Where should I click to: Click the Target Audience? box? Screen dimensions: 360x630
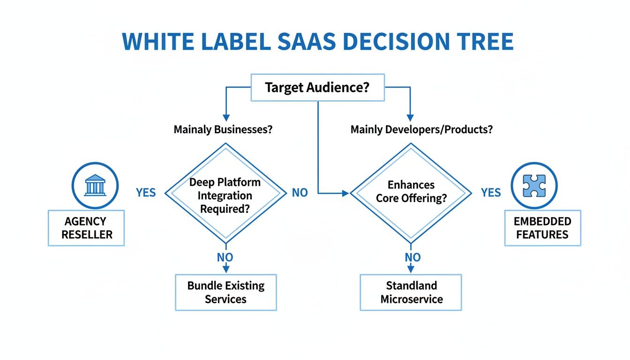(318, 88)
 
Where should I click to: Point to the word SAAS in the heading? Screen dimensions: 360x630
(303, 42)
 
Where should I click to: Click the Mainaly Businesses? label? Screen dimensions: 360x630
(223, 129)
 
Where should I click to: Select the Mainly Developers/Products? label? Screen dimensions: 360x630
(421, 129)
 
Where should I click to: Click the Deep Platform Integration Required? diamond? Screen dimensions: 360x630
(225, 195)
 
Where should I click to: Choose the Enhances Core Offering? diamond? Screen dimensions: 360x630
(411, 192)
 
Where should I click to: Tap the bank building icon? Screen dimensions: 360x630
(95, 185)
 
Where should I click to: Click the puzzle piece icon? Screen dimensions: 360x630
(533, 185)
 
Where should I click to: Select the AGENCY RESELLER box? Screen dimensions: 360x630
(86, 228)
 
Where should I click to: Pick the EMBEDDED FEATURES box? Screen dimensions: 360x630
(542, 228)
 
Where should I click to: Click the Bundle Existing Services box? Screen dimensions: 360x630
(225, 292)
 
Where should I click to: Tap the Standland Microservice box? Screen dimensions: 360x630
(411, 292)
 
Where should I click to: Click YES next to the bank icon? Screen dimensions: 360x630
(146, 193)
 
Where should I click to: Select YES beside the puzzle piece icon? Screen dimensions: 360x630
(491, 193)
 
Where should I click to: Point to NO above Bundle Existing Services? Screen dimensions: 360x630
(225, 257)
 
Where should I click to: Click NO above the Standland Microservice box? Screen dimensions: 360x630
(412, 257)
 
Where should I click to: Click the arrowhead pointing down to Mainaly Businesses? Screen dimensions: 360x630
(225, 117)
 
